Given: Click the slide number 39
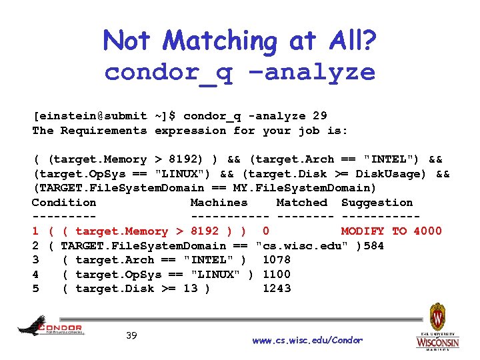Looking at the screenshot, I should pos(131,335).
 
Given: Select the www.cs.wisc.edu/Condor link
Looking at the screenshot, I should pos(307,340).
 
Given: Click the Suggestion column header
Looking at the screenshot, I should pos(377,203).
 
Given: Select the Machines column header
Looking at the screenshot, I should pos(219,203).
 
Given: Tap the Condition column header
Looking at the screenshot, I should pos(64,203).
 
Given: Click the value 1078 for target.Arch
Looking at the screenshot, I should pos(277,260).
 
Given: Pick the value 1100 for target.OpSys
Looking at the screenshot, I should pos(277,274).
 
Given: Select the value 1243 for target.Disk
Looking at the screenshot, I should pos(277,289).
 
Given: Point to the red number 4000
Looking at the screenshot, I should pos(427,231).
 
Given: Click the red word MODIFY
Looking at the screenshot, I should pos(363,231).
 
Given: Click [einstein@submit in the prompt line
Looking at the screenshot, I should pos(89,116).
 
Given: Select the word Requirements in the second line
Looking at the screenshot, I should pos(103,131).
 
